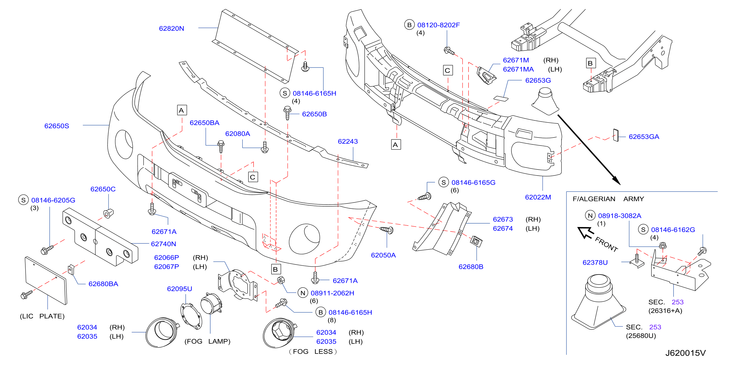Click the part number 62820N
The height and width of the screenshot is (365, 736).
171,29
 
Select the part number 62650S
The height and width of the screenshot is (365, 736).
57,126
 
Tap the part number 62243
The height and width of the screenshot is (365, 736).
348,141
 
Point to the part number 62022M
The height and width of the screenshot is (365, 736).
538,197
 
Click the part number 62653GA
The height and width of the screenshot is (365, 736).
644,137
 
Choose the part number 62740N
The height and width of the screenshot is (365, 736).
164,244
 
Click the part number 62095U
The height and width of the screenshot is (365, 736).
180,289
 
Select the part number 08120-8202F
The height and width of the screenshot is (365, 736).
438,25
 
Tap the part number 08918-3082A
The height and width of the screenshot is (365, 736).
619,216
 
